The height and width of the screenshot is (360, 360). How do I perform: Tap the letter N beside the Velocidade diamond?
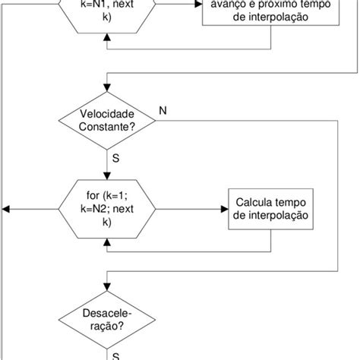pos(162,110)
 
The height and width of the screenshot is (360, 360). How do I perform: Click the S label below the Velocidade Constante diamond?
pos(116,161)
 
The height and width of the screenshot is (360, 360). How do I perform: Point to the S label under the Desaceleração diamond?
pos(116,354)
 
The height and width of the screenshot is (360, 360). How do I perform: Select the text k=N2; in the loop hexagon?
pos(106,210)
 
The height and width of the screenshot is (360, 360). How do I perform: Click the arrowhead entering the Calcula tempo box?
pos(224,210)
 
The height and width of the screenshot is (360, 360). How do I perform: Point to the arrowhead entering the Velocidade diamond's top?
pos(106,92)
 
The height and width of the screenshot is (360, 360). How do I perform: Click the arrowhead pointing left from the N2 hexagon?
pos(7,210)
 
